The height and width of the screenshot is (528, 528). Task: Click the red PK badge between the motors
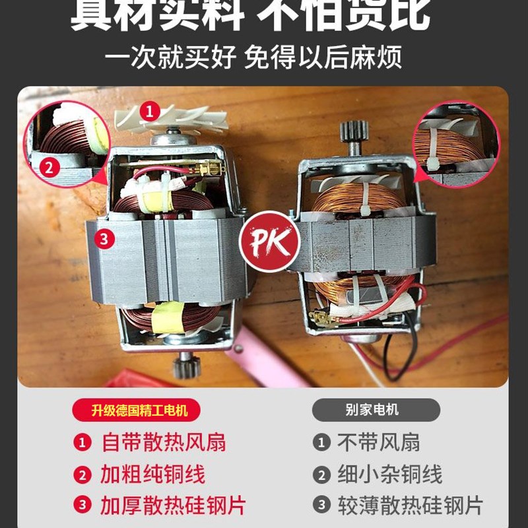269,242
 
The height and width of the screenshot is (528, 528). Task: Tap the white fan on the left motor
174,120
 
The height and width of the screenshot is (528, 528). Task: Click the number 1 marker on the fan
151,110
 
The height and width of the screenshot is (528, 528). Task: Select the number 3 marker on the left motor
104,239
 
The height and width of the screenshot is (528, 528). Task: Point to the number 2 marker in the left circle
48,168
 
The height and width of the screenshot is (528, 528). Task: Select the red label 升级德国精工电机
139,410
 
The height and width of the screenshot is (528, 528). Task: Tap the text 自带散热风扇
163,442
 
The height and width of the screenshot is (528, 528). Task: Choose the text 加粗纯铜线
152,474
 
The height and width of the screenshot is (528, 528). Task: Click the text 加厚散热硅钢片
173,506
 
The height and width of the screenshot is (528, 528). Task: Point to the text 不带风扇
378,442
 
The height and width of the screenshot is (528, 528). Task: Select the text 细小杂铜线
389,474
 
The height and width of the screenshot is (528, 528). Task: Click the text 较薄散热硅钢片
410,506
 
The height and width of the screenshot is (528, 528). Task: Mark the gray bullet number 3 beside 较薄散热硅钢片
321,506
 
